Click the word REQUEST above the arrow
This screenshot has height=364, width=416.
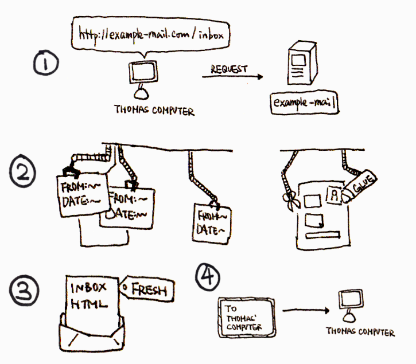(x=228, y=69)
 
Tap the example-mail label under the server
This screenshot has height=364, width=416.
(x=304, y=104)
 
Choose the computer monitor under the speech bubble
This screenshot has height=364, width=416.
(x=141, y=73)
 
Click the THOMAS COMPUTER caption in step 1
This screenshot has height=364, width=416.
(x=155, y=111)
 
